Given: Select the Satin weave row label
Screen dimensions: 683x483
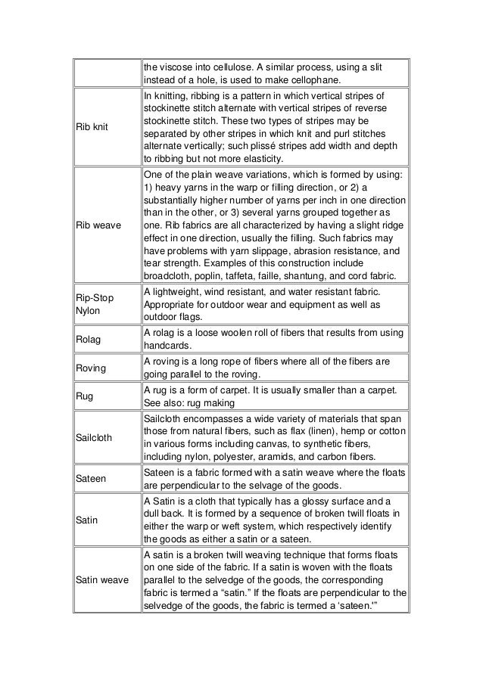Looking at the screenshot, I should click(x=102, y=580).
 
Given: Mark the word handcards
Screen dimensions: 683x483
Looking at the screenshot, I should click(x=167, y=346).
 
